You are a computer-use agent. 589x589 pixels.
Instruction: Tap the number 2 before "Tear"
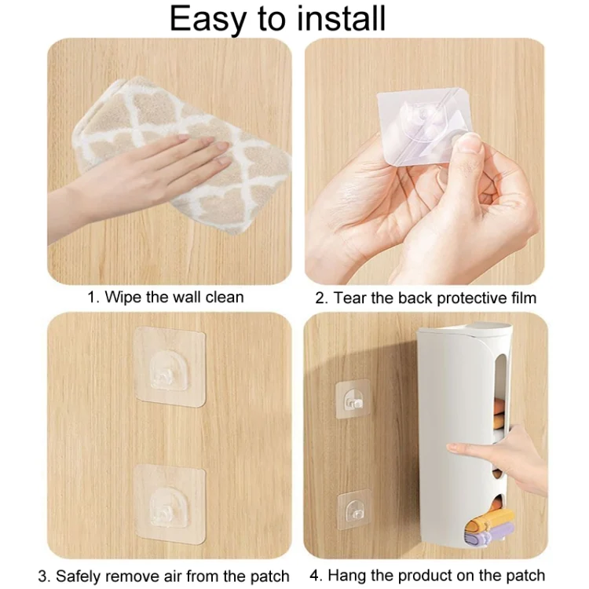tap(320, 298)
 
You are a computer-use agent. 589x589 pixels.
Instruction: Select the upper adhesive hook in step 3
tap(170, 367)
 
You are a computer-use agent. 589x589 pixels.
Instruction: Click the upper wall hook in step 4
tap(353, 399)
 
